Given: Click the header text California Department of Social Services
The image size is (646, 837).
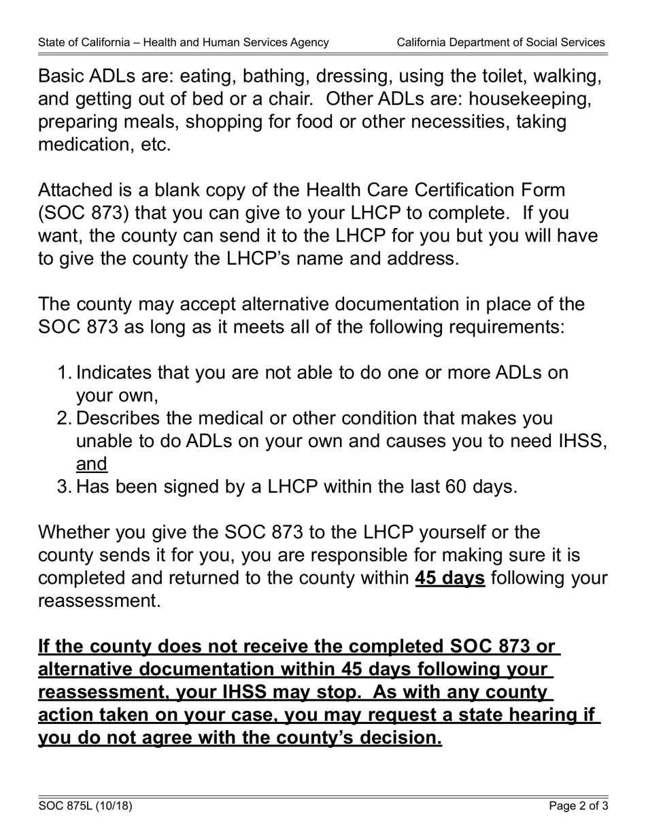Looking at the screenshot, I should coord(500,42).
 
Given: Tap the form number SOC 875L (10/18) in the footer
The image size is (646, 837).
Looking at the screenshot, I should coord(85,806).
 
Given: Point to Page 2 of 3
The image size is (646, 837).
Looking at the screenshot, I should coord(579,806).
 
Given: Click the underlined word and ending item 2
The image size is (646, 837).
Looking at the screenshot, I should coord(92,464).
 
